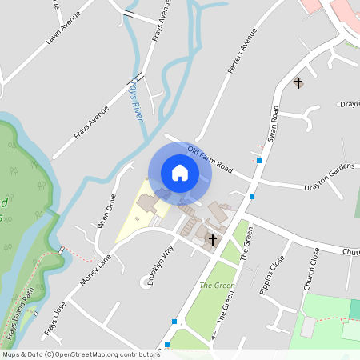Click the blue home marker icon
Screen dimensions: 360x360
coord(180,173)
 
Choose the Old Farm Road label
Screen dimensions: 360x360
coord(209,160)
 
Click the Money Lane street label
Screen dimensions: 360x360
coord(95,271)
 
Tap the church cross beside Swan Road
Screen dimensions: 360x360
coord(298,82)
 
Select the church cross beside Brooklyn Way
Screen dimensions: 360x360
coord(213,239)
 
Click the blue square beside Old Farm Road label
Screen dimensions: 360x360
coord(259,161)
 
